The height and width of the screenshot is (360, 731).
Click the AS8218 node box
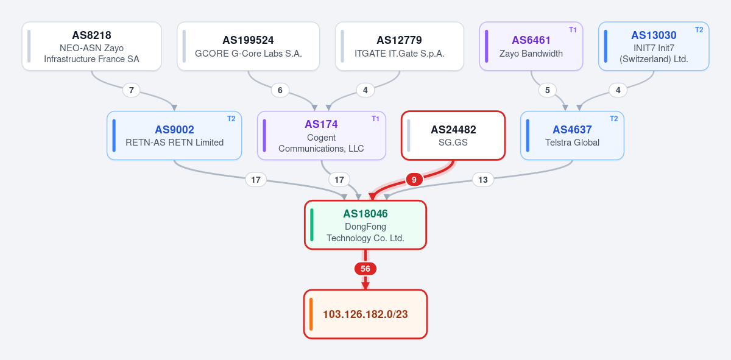tap(92, 46)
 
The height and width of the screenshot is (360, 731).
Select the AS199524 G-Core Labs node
tap(249, 46)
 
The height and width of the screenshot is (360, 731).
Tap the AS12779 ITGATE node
tap(400, 46)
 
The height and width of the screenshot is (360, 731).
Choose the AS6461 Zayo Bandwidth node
tap(531, 46)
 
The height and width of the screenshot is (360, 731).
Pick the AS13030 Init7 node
tap(654, 46)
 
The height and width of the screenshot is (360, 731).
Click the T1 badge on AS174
tap(375, 119)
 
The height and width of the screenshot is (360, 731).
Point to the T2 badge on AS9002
tap(231, 119)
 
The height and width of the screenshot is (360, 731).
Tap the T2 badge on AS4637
tap(613, 119)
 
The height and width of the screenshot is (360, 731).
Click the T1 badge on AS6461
tap(573, 30)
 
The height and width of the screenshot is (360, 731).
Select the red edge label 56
tap(365, 269)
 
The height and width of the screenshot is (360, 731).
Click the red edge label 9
tap(414, 180)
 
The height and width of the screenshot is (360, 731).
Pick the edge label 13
tap(483, 180)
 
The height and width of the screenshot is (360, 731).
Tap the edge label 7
tap(131, 90)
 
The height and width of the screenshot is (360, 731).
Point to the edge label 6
tap(280, 90)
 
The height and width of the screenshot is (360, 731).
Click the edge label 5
tap(547, 90)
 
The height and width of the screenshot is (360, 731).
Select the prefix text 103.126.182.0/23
tap(365, 314)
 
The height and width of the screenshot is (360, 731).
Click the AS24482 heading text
tap(453, 130)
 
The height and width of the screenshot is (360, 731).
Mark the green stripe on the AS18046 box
tap(312, 225)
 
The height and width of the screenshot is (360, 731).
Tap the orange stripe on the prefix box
tap(311, 314)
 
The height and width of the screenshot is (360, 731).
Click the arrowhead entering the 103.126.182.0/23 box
tap(365, 286)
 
